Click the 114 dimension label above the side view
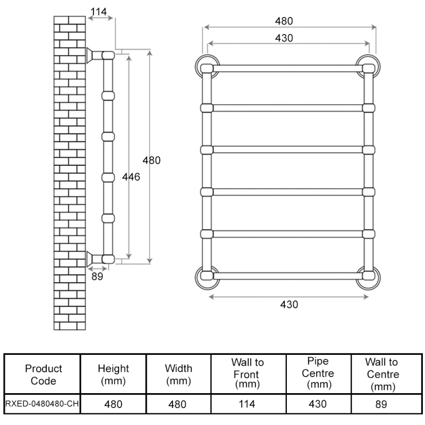(x=98, y=11)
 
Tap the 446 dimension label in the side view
(x=131, y=177)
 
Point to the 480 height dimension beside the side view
(x=151, y=160)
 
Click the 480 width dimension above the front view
(x=284, y=21)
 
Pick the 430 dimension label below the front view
(x=289, y=304)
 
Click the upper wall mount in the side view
(x=94, y=55)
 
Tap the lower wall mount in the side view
(x=94, y=258)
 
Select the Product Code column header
(x=43, y=374)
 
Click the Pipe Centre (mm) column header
(x=318, y=373)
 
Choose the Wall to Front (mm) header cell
(x=247, y=373)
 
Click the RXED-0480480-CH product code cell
(x=42, y=404)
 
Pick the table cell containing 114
(x=247, y=404)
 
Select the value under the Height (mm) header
(x=113, y=404)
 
